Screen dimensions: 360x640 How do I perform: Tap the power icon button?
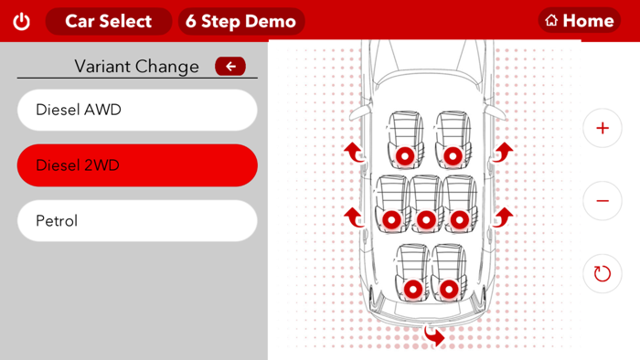pyautogui.click(x=21, y=21)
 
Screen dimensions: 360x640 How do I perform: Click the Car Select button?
pyautogui.click(x=108, y=21)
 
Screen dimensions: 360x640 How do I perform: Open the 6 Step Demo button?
pyautogui.click(x=240, y=21)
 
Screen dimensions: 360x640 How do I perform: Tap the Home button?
pyautogui.click(x=580, y=20)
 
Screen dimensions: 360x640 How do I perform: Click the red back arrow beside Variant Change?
pyautogui.click(x=230, y=66)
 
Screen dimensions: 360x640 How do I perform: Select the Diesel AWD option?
pyautogui.click(x=137, y=110)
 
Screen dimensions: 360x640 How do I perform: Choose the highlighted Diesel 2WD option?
pyautogui.click(x=137, y=165)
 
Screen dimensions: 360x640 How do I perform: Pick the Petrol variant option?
pyautogui.click(x=137, y=221)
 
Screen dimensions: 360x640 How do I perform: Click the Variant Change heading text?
pyautogui.click(x=136, y=66)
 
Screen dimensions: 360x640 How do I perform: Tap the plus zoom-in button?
pyautogui.click(x=602, y=129)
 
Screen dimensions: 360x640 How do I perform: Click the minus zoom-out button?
pyautogui.click(x=602, y=201)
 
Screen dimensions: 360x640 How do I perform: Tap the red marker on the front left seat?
pyautogui.click(x=404, y=156)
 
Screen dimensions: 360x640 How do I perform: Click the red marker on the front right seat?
pyautogui.click(x=452, y=156)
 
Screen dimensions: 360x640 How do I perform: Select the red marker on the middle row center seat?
pyautogui.click(x=425, y=220)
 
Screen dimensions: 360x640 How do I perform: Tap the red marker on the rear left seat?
pyautogui.click(x=413, y=289)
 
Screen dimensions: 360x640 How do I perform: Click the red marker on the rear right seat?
pyautogui.click(x=448, y=289)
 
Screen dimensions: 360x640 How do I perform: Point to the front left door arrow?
pyautogui.click(x=354, y=152)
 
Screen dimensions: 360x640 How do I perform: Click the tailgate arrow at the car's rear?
pyautogui.click(x=434, y=336)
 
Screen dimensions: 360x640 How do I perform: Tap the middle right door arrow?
pyautogui.click(x=503, y=217)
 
